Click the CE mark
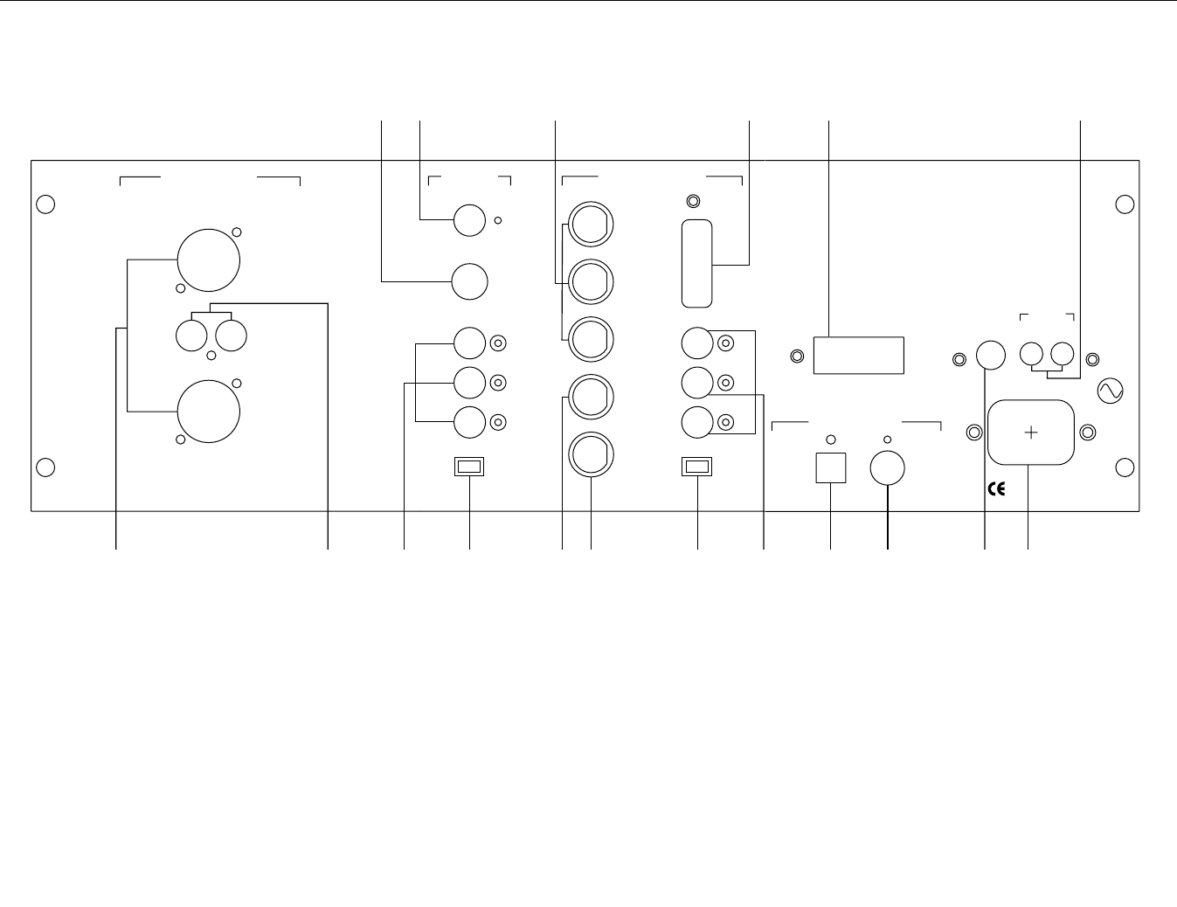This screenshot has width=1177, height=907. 995,489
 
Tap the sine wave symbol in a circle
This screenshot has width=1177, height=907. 1111,391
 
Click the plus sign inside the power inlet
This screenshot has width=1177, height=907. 1031,432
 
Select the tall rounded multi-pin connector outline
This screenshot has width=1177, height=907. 696,263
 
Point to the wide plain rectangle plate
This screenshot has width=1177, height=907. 858,356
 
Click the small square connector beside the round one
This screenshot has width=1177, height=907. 830,467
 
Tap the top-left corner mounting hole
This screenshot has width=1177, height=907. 47,204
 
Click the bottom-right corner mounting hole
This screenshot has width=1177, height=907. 1125,467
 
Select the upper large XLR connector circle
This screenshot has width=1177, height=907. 209,260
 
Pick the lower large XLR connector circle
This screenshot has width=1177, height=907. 209,411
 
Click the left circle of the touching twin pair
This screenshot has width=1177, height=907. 192,336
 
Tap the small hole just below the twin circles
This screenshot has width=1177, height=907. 211,357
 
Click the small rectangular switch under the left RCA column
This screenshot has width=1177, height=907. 470,467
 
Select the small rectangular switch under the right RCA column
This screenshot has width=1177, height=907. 696,467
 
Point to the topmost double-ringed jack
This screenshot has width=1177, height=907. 592,225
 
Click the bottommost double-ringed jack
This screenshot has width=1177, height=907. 592,455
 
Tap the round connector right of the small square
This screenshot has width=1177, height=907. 888,468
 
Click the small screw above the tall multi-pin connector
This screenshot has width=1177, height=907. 693,202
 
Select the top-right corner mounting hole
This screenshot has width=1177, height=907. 1125,204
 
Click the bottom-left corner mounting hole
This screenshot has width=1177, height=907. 47,467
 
